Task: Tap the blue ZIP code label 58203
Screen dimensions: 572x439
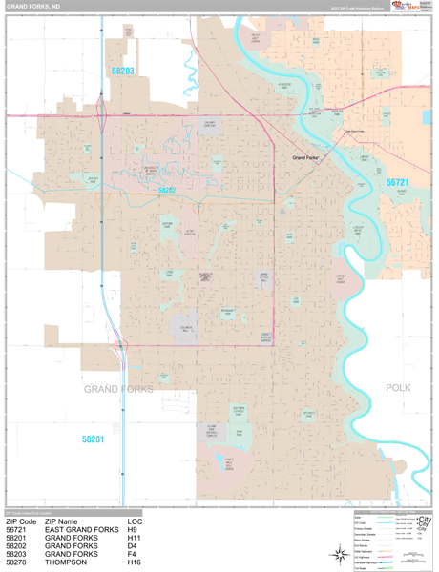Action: pos(123,71)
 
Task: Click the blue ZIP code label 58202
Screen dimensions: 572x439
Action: pos(167,191)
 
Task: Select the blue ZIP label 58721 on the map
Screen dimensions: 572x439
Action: pos(397,181)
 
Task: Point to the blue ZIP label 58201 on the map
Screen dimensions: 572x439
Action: pos(93,439)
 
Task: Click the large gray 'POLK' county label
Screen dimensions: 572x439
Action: pos(398,388)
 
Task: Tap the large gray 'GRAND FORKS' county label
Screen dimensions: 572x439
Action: pos(120,389)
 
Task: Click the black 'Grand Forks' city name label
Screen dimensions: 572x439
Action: pos(304,156)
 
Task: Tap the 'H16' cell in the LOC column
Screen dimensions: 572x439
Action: pos(135,563)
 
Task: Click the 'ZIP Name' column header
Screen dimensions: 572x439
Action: pos(63,521)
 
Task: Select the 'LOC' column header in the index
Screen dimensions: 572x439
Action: pos(135,521)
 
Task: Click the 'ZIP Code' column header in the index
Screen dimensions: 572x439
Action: pos(20,521)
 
